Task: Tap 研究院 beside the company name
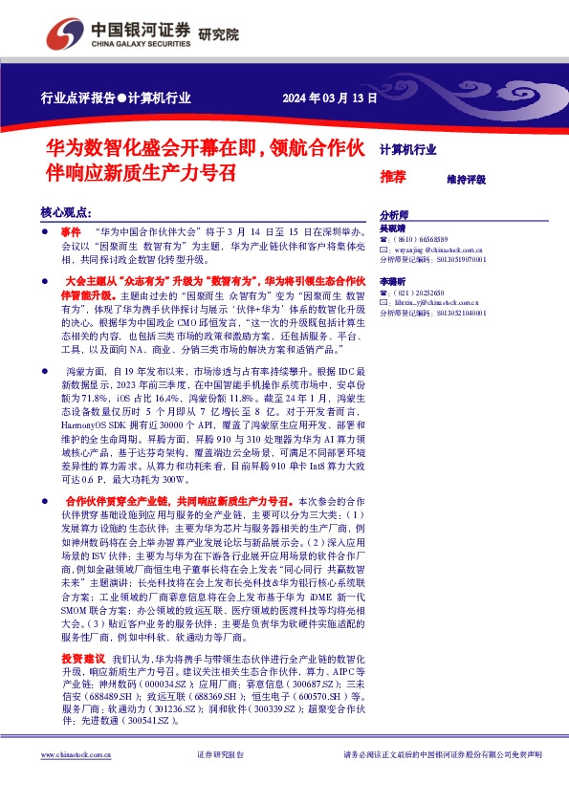219,35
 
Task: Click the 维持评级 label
466,180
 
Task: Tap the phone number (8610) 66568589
422,240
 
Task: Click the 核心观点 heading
66,212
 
